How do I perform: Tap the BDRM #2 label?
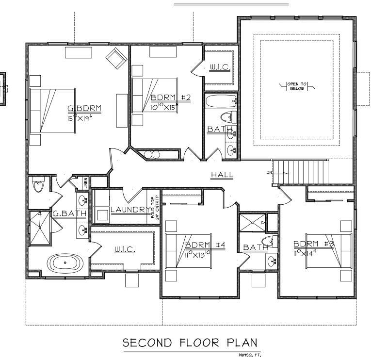click(170, 98)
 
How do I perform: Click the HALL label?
click(222, 175)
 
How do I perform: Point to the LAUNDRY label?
click(129, 210)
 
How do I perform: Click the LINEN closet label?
click(85, 183)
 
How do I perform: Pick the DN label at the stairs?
click(269, 172)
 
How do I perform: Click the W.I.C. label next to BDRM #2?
click(219, 67)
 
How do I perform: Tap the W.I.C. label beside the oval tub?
click(125, 249)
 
